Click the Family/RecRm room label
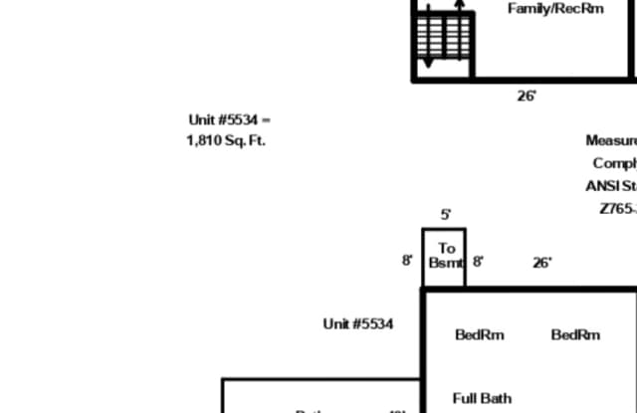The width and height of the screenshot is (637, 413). click(555, 9)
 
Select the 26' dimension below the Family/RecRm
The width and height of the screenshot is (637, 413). click(527, 97)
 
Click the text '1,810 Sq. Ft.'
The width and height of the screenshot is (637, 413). click(226, 140)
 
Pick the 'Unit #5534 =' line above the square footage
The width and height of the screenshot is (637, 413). click(229, 120)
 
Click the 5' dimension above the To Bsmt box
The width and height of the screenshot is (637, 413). click(446, 214)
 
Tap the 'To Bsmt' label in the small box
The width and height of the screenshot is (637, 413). click(445, 256)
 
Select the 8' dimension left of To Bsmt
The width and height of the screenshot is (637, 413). click(407, 261)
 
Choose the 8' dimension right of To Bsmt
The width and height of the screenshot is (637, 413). click(478, 262)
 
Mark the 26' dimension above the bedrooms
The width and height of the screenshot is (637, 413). click(541, 263)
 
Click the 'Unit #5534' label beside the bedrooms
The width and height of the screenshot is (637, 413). click(357, 323)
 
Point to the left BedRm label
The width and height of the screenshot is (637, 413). click(480, 334)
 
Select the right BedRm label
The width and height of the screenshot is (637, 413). click(575, 334)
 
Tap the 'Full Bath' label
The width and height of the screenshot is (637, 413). click(482, 398)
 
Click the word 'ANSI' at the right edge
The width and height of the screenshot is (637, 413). click(602, 186)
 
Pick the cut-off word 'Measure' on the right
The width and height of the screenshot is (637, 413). click(610, 141)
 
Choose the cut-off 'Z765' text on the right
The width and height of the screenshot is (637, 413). click(617, 209)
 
